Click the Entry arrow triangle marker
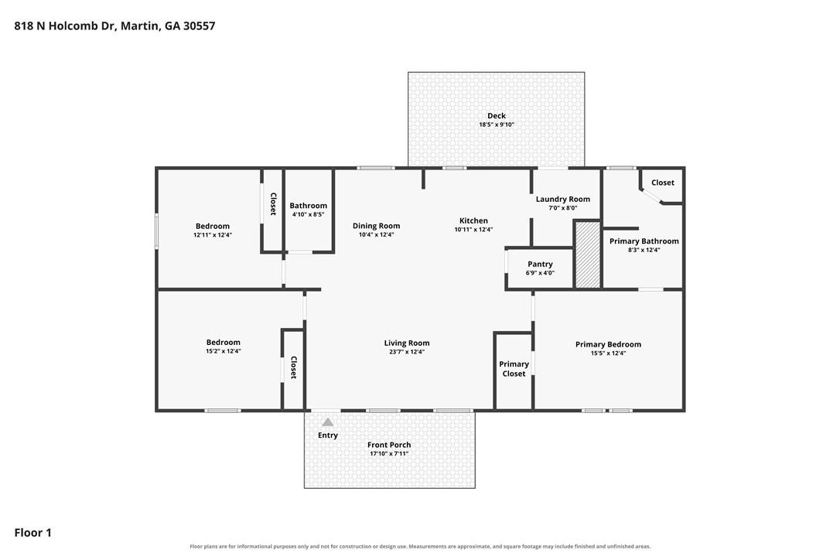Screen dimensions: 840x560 tap(328, 422)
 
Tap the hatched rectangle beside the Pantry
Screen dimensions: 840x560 tap(588, 255)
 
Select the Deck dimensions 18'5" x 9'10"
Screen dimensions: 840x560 tap(497, 125)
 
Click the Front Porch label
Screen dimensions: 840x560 tap(390, 445)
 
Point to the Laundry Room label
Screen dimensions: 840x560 tap(563, 200)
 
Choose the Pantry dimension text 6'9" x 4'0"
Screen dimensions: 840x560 tap(540, 273)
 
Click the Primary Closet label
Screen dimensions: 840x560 tap(514, 369)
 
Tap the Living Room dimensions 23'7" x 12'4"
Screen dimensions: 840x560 tap(407, 352)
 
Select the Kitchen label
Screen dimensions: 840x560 tap(473, 220)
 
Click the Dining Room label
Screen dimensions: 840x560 tap(376, 226)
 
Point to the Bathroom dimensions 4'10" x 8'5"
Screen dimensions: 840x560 tap(308, 214)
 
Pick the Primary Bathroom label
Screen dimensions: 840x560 tap(644, 241)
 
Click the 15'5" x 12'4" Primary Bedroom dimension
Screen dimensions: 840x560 tap(608, 353)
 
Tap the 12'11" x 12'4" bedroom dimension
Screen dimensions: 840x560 tap(213, 234)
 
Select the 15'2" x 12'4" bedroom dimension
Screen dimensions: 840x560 tap(224, 351)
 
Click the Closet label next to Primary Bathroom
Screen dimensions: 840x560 tap(663, 183)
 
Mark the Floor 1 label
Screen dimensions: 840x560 tap(32, 533)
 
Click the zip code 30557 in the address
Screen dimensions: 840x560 tap(200, 26)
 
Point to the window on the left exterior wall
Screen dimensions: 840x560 tap(157, 231)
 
